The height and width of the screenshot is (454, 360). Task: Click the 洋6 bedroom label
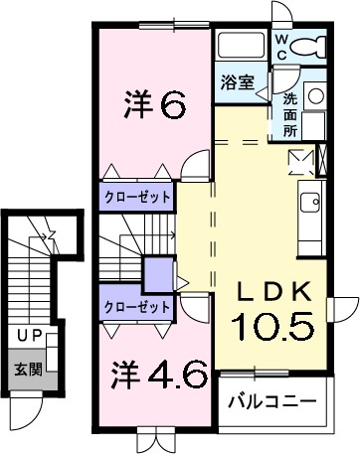coord(155,103)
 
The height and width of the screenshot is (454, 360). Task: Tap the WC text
coord(281,46)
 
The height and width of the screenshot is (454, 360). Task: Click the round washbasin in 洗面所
coord(315,96)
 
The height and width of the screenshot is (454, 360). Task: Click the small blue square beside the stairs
coord(157,272)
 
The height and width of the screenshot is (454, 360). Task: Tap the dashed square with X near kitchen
coord(300,161)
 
